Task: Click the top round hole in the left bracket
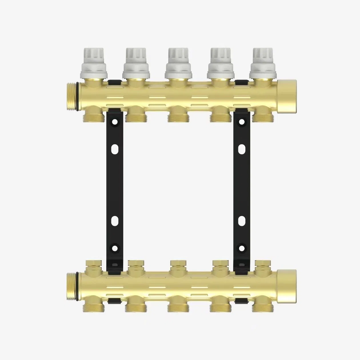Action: pyautogui.click(x=115, y=122)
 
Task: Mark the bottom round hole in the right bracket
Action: pyautogui.click(x=242, y=248)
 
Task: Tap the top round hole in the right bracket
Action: pyautogui.click(x=242, y=122)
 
